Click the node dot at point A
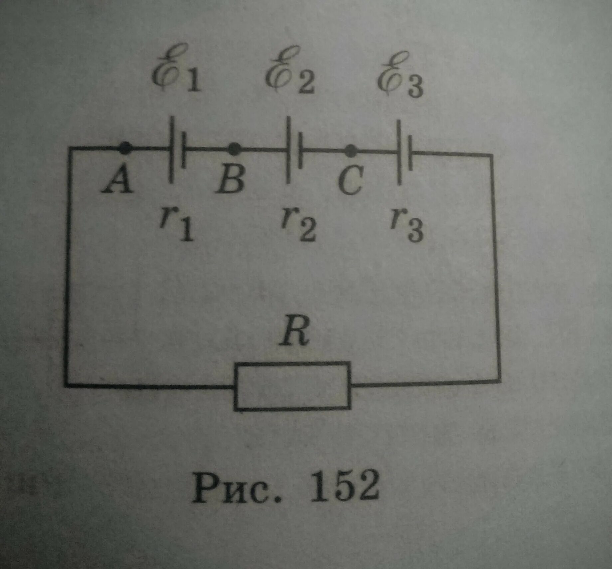tap(125, 148)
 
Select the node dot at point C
tap(350, 151)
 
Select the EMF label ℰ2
tap(290, 74)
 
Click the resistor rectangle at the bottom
tap(292, 386)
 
